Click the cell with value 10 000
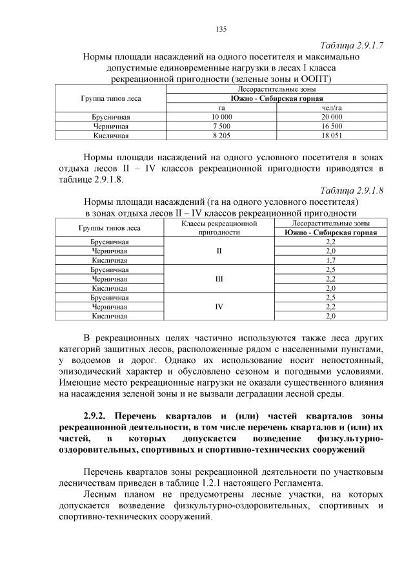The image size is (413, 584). [221, 117]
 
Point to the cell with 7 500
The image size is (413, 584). [221, 127]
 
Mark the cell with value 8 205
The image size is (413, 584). [221, 136]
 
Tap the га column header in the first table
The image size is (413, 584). [221, 107]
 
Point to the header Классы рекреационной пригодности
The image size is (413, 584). [220, 228]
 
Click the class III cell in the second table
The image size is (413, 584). [220, 278]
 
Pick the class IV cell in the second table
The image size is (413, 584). [220, 307]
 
